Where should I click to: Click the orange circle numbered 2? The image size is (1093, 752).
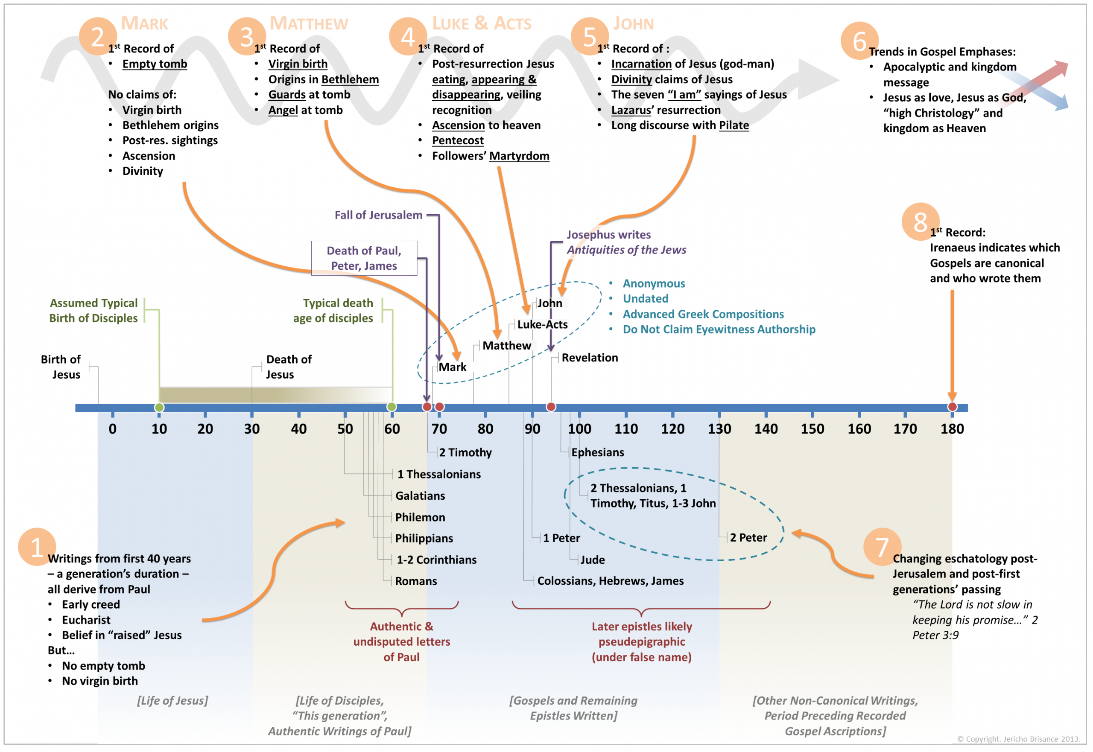(98, 37)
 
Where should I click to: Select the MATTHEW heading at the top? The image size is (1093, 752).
(309, 23)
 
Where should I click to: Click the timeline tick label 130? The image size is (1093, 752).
(719, 429)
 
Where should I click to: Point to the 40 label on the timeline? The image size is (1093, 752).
(299, 429)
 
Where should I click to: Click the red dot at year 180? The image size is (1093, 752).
(953, 407)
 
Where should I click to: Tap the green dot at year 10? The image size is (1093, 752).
(159, 408)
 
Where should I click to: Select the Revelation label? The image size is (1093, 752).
(590, 358)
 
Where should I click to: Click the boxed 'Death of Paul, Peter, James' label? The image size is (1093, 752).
(364, 258)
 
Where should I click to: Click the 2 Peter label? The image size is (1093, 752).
(748, 538)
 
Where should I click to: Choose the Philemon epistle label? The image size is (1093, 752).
(420, 518)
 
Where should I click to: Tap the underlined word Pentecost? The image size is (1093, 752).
(458, 141)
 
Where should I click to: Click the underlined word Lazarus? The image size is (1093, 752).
(631, 110)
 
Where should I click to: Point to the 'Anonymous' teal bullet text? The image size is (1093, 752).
(654, 284)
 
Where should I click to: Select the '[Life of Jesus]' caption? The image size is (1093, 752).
(172, 701)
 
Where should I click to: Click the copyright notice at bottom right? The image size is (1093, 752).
(1018, 739)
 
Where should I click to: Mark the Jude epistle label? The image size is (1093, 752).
(593, 560)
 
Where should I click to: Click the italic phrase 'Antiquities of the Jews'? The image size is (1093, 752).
(626, 250)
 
